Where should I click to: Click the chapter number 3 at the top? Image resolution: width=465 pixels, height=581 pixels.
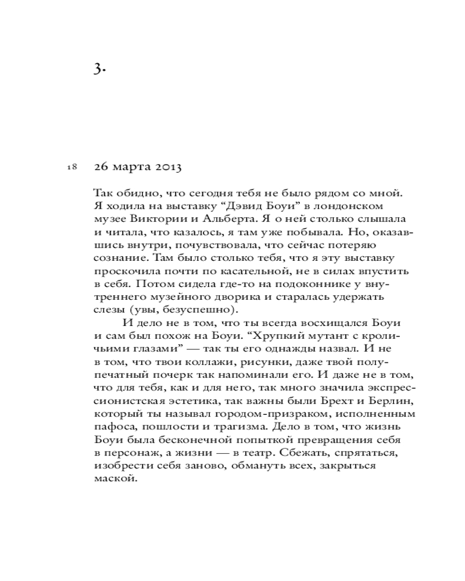pos(99,69)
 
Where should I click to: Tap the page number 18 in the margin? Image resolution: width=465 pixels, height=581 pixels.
pos(72,167)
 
